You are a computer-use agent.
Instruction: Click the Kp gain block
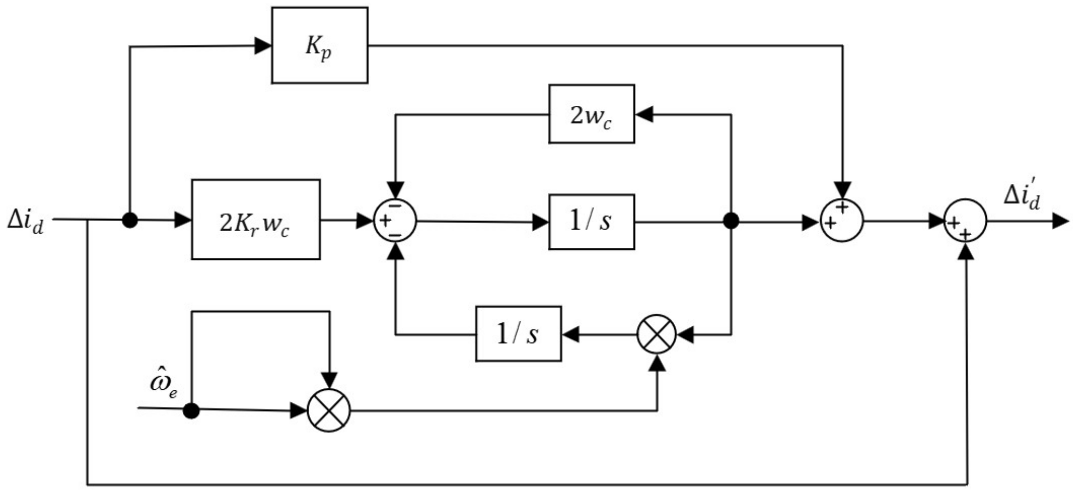pos(320,46)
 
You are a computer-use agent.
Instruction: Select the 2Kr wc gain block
pos(256,220)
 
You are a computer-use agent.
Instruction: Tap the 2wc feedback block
pos(591,114)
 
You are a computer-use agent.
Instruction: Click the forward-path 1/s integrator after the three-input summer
pos(591,222)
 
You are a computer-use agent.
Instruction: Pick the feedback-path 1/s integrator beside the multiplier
pos(518,334)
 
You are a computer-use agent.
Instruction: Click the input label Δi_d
pos(25,221)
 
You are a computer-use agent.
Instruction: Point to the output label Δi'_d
pos(1021,196)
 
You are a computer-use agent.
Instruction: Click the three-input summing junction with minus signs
pos(395,221)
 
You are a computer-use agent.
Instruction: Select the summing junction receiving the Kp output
pos(842,221)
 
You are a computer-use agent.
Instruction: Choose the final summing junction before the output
pos(965,221)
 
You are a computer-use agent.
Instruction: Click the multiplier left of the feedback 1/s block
pos(656,334)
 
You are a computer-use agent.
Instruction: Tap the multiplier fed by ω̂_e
pos(328,410)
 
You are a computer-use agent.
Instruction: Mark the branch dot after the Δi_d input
pos(129,220)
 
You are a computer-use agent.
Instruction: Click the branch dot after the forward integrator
pos(731,221)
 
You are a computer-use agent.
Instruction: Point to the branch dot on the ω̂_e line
pos(192,410)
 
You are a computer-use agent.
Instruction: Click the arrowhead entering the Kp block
pos(263,46)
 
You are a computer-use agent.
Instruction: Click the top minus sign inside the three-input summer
pos(396,206)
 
